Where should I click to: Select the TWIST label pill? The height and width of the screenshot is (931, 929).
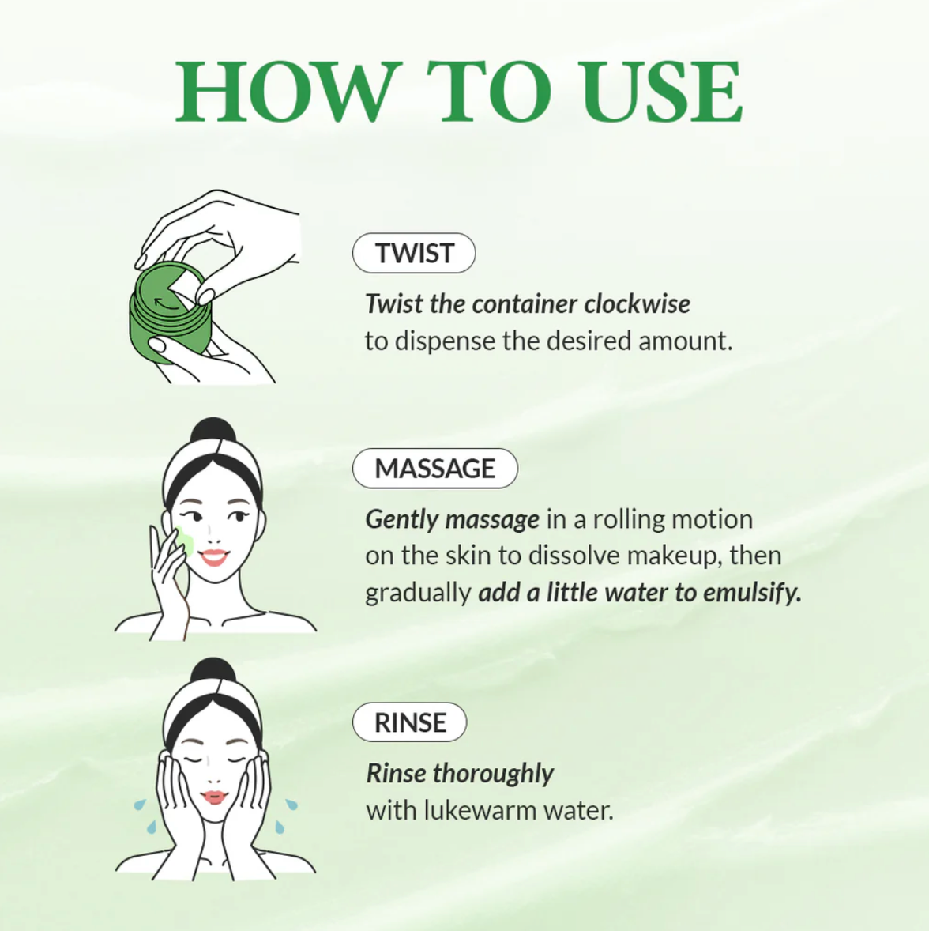[x=414, y=253]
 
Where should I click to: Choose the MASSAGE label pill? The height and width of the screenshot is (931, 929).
[x=434, y=468]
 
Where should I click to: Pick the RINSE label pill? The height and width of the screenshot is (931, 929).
[x=409, y=722]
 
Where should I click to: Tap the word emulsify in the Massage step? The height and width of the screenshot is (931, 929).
[x=751, y=593]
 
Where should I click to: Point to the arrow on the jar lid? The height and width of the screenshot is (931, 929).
[x=164, y=300]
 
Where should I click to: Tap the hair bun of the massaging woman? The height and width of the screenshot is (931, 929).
[x=213, y=434]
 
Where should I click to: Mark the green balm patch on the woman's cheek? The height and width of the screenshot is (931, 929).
[x=186, y=542]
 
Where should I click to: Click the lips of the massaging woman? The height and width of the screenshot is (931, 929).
[x=213, y=557]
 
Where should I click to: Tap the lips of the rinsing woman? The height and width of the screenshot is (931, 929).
[x=214, y=796]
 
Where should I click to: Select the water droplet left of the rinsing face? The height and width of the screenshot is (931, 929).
[x=140, y=805]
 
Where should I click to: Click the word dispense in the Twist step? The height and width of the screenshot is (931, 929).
[x=446, y=341]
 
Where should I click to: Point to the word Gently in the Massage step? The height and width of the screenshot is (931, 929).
[x=402, y=519]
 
